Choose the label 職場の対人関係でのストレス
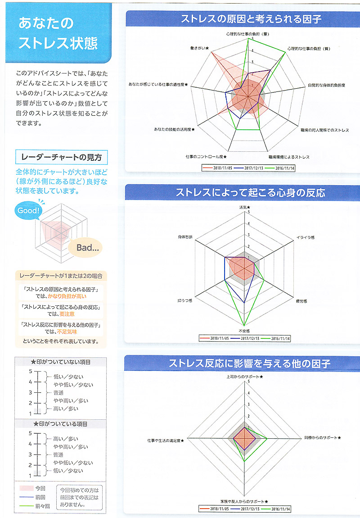point(325,130)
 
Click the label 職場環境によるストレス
point(289,157)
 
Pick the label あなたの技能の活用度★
point(174,130)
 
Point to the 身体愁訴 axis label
point(185,237)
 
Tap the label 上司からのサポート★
point(245,377)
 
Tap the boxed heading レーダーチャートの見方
point(62,157)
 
